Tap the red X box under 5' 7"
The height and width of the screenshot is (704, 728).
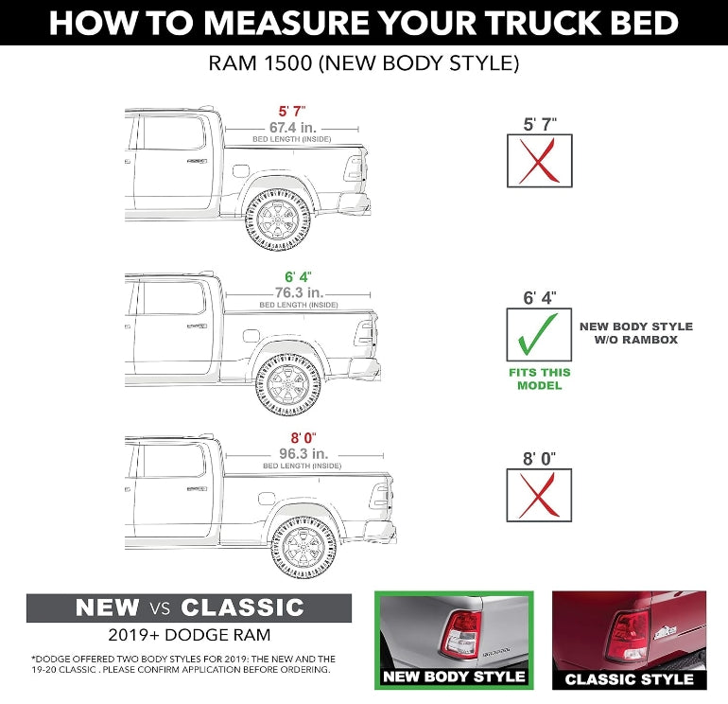point(539,161)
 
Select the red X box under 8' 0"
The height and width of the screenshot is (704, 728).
point(539,495)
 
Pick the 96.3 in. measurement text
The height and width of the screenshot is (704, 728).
point(303,453)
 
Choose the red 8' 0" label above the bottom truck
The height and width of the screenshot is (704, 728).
point(303,438)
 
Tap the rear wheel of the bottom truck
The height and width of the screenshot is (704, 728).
point(304,547)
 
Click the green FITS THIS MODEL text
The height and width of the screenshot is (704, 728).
point(539,378)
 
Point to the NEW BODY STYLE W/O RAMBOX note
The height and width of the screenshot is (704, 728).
point(635,333)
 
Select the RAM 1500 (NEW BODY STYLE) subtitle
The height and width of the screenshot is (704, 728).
point(364,65)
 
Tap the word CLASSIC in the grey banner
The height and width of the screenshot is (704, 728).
point(242,607)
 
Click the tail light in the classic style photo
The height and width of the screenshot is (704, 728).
point(627,636)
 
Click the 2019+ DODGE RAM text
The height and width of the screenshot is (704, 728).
point(188,635)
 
